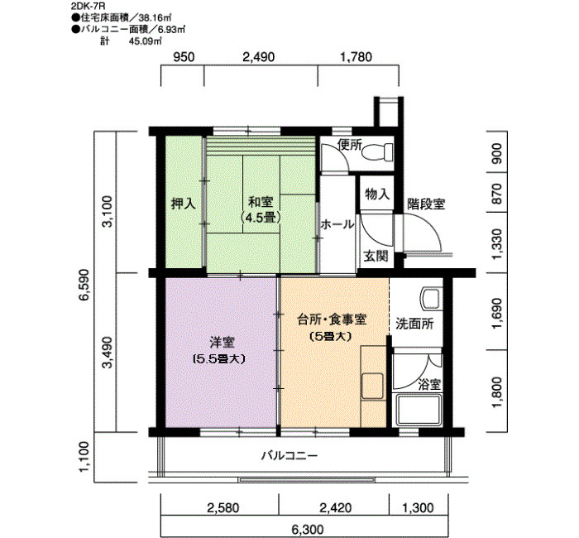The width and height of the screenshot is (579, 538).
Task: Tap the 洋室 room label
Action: tap(219, 341)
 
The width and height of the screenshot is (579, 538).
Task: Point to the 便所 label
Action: tap(351, 145)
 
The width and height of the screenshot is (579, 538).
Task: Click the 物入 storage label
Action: tap(376, 194)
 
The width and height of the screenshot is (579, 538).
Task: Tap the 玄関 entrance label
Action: tap(376, 256)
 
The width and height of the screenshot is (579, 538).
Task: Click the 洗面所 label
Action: tap(413, 324)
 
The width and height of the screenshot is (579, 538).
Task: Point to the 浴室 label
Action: tap(429, 384)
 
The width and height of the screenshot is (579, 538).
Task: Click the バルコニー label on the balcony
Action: tap(289, 455)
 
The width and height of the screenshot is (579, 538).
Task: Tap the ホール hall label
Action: tap(337, 224)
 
